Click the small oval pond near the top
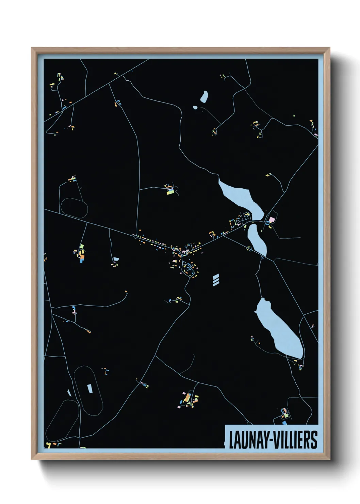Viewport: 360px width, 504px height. coord(204,97)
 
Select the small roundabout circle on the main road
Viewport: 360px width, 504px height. coord(135,236)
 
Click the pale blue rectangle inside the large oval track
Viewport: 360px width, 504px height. coord(90,388)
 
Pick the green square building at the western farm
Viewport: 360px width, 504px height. coord(82,246)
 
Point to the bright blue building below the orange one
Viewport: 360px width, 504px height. coord(82,261)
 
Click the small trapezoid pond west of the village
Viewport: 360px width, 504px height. coord(116,259)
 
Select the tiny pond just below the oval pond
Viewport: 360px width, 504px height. coord(195,108)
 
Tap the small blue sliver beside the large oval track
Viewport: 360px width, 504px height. coord(69,393)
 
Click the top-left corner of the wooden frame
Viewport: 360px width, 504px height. coord(32,48)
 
